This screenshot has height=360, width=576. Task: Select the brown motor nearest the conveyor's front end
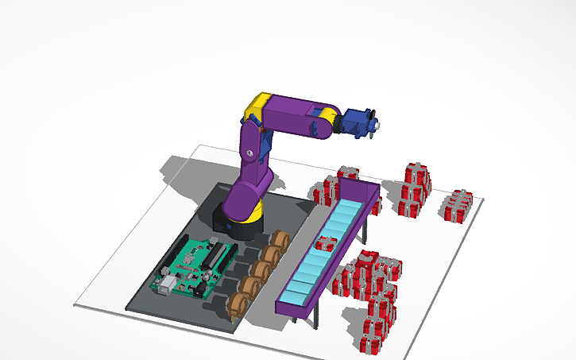click(x=236, y=305)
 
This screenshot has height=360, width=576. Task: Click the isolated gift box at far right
click(x=458, y=207)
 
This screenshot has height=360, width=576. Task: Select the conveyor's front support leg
click(x=318, y=314)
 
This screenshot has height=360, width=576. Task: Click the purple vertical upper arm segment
click(x=252, y=155)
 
